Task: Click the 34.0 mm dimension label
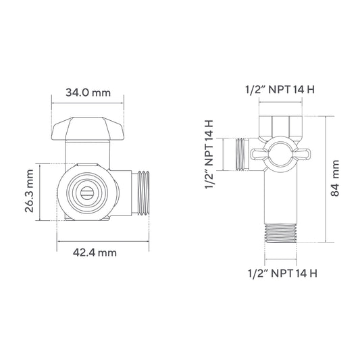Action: click(x=88, y=93)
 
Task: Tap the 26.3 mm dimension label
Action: click(x=30, y=191)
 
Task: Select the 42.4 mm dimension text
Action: click(x=95, y=253)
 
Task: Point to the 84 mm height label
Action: click(x=335, y=178)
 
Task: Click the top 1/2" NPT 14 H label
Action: click(x=280, y=89)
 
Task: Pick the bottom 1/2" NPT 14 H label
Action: click(x=282, y=274)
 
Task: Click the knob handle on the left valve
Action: click(x=88, y=128)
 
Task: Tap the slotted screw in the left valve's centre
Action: click(x=87, y=193)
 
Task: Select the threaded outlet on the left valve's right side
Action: click(x=143, y=193)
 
